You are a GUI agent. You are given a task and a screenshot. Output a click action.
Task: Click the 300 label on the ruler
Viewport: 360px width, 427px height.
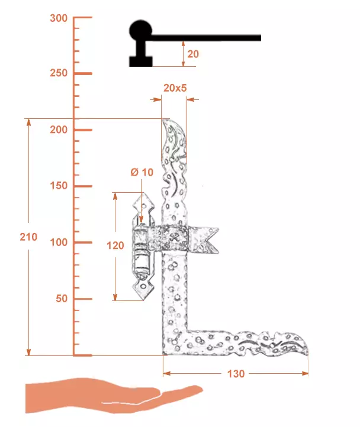pyautogui.click(x=59, y=18)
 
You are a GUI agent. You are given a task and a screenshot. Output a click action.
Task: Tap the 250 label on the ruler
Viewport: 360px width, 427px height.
pyautogui.click(x=59, y=73)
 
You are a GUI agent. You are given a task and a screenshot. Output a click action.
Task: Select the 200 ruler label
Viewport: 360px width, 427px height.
pyautogui.click(x=59, y=130)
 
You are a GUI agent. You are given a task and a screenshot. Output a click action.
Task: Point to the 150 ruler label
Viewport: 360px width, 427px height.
pyautogui.click(x=59, y=186)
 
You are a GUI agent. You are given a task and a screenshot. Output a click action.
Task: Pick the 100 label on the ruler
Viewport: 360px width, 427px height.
pyautogui.click(x=59, y=242)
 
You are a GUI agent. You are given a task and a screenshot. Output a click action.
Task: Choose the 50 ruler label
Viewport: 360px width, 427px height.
pyautogui.click(x=62, y=299)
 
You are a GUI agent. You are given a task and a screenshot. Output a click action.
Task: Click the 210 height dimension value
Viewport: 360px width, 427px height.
pyautogui.click(x=28, y=237)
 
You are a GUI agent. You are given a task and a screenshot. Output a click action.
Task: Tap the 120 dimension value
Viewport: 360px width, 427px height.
pyautogui.click(x=115, y=245)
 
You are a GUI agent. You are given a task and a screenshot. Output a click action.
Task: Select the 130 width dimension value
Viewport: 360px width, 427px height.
pyautogui.click(x=236, y=374)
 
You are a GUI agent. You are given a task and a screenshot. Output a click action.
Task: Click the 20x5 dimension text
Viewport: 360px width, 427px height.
pyautogui.click(x=175, y=88)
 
